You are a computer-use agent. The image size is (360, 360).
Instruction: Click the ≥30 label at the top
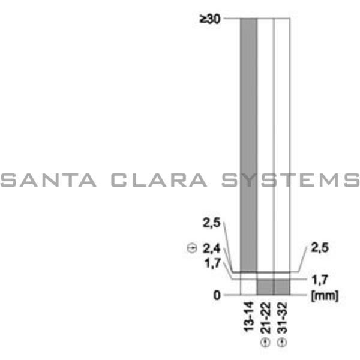(x=210, y=19)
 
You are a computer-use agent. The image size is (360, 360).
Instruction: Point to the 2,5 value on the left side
(x=211, y=223)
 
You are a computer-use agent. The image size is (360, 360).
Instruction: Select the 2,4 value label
(x=211, y=248)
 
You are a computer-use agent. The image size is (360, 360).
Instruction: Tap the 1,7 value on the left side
(x=212, y=263)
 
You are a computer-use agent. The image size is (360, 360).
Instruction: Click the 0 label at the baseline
(x=217, y=295)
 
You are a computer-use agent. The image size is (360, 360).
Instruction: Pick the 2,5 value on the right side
(x=320, y=248)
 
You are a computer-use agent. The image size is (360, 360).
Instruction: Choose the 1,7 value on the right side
(x=319, y=280)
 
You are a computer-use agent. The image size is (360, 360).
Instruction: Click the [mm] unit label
(x=325, y=296)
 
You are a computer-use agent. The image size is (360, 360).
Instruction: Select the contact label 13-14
(x=249, y=317)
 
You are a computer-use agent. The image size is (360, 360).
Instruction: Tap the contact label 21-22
(x=266, y=318)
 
